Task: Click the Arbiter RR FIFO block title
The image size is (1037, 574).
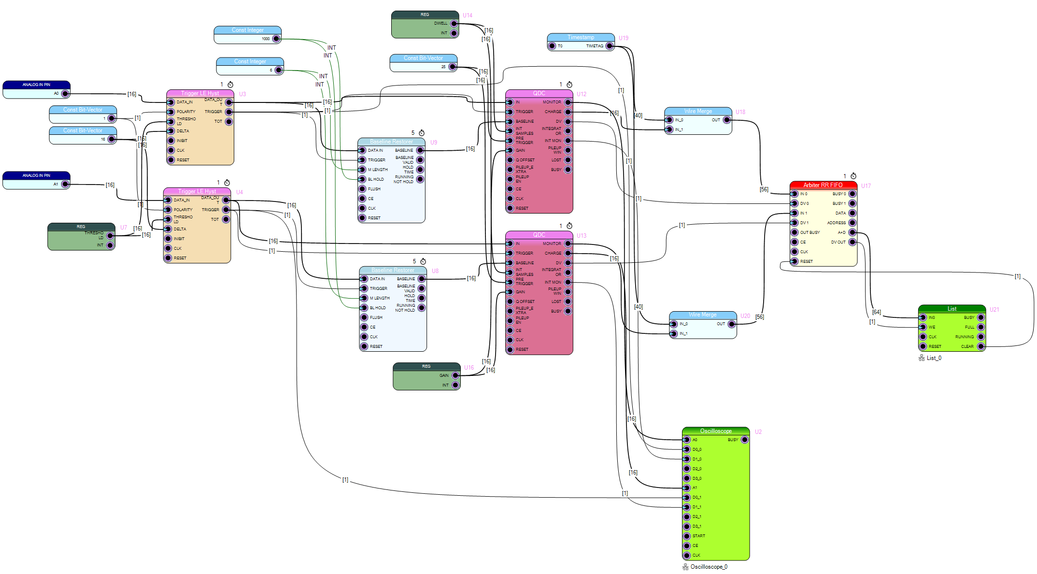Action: tap(823, 185)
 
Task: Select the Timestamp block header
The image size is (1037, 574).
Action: tap(581, 37)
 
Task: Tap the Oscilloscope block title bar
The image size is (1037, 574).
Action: tap(715, 431)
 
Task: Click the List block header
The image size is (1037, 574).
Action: tap(952, 309)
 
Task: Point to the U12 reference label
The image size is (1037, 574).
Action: tap(582, 94)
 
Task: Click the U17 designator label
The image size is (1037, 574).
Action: tap(866, 186)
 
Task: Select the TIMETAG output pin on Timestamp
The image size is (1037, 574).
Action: tap(610, 46)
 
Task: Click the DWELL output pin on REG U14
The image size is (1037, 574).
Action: tap(454, 24)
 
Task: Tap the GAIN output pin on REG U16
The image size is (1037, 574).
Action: tap(455, 375)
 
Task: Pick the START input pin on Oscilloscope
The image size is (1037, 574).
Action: tap(687, 536)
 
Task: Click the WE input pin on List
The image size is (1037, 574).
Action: tap(923, 327)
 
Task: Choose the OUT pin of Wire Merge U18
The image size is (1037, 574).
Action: tap(726, 120)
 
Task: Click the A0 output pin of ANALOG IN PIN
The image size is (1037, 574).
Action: tap(65, 94)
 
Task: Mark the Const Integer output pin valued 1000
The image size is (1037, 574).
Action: tap(276, 39)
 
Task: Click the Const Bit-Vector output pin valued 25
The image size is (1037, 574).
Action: tap(452, 67)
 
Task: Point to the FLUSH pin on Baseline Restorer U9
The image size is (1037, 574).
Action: tap(362, 189)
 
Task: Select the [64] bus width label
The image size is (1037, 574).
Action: tap(876, 312)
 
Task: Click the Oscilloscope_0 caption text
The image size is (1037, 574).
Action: tap(709, 567)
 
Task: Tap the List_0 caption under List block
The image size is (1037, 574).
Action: tap(934, 358)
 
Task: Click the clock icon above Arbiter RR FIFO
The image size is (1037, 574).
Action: tap(853, 176)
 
